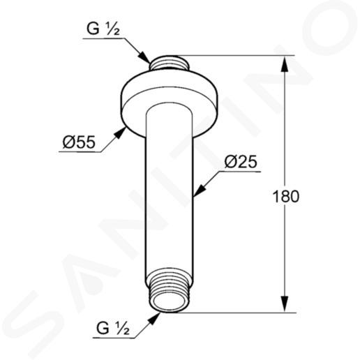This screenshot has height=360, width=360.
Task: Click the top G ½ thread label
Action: [x=103, y=29]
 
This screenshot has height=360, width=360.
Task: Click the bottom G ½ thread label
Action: [x=113, y=329]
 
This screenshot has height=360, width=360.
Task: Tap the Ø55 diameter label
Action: [x=79, y=142]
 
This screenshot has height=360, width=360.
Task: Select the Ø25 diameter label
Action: [x=241, y=162]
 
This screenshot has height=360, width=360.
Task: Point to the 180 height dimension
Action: [x=286, y=197]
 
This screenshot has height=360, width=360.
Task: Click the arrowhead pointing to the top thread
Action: [x=144, y=58]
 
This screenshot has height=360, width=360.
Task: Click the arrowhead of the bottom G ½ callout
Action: [x=154, y=319]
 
